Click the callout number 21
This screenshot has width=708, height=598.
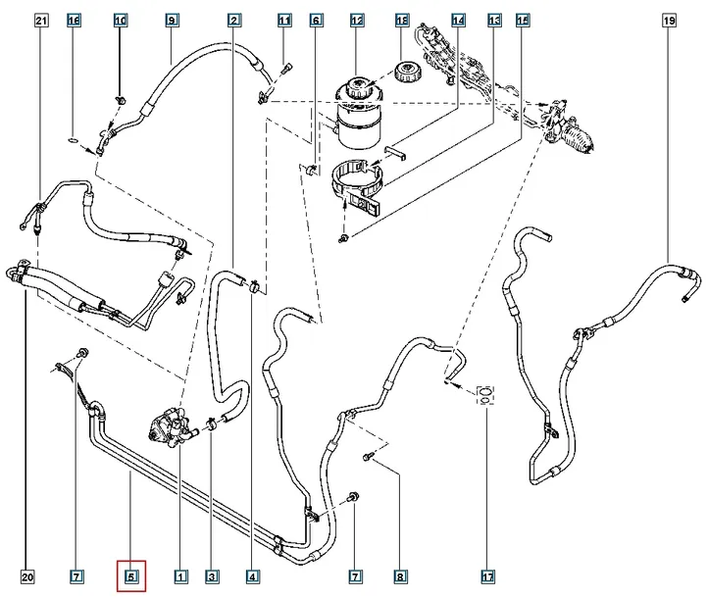coord(40,20)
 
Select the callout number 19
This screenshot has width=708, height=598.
coord(668,20)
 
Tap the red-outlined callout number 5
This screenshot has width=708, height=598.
coord(131,576)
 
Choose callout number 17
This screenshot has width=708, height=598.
coord(487,576)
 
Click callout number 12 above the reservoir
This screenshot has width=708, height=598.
coord(356,20)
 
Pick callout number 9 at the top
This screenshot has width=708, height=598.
coord(171,20)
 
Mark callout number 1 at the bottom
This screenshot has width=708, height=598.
coord(180,576)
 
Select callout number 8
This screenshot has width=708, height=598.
coord(399,576)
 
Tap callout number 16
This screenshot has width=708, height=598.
coord(73,20)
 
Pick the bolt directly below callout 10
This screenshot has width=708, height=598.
coord(120,98)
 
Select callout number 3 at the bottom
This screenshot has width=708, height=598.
coord(211,576)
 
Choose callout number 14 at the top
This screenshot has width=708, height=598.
coord(457,20)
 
